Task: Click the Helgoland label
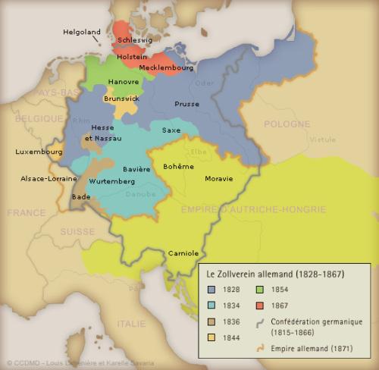pos(83,32)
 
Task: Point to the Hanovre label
pos(124,81)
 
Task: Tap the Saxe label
pos(171,130)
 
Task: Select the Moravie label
pos(219,179)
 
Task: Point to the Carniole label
pos(183,252)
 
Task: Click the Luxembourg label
pos(39,152)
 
